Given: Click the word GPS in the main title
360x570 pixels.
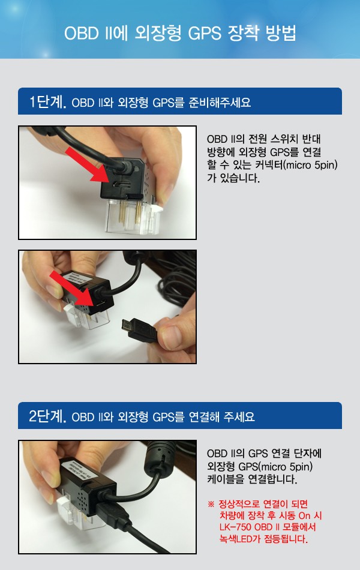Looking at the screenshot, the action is click(205, 34).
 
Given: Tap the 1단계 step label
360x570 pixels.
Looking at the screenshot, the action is click(47, 102).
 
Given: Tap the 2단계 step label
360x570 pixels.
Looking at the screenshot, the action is click(47, 416).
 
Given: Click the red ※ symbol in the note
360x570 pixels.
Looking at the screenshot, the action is click(211, 504).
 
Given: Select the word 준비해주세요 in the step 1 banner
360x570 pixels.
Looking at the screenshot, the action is click(220, 103).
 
